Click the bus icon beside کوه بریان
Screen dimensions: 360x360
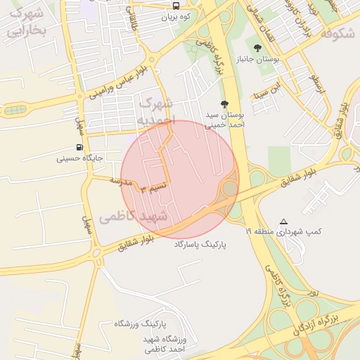pos(176,6)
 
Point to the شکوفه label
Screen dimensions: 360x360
pos(335,33)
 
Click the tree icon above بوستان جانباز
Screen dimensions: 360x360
pos(257,49)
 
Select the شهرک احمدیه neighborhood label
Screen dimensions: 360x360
pos(154,112)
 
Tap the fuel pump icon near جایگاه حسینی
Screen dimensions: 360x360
pos(79,148)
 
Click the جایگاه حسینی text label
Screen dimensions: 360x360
pos(81,159)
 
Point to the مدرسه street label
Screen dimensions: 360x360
pos(120,182)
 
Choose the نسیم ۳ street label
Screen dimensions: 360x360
pos(154,188)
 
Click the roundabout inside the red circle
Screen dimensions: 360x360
pos(230,188)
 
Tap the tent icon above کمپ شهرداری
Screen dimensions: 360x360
pos(283,221)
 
